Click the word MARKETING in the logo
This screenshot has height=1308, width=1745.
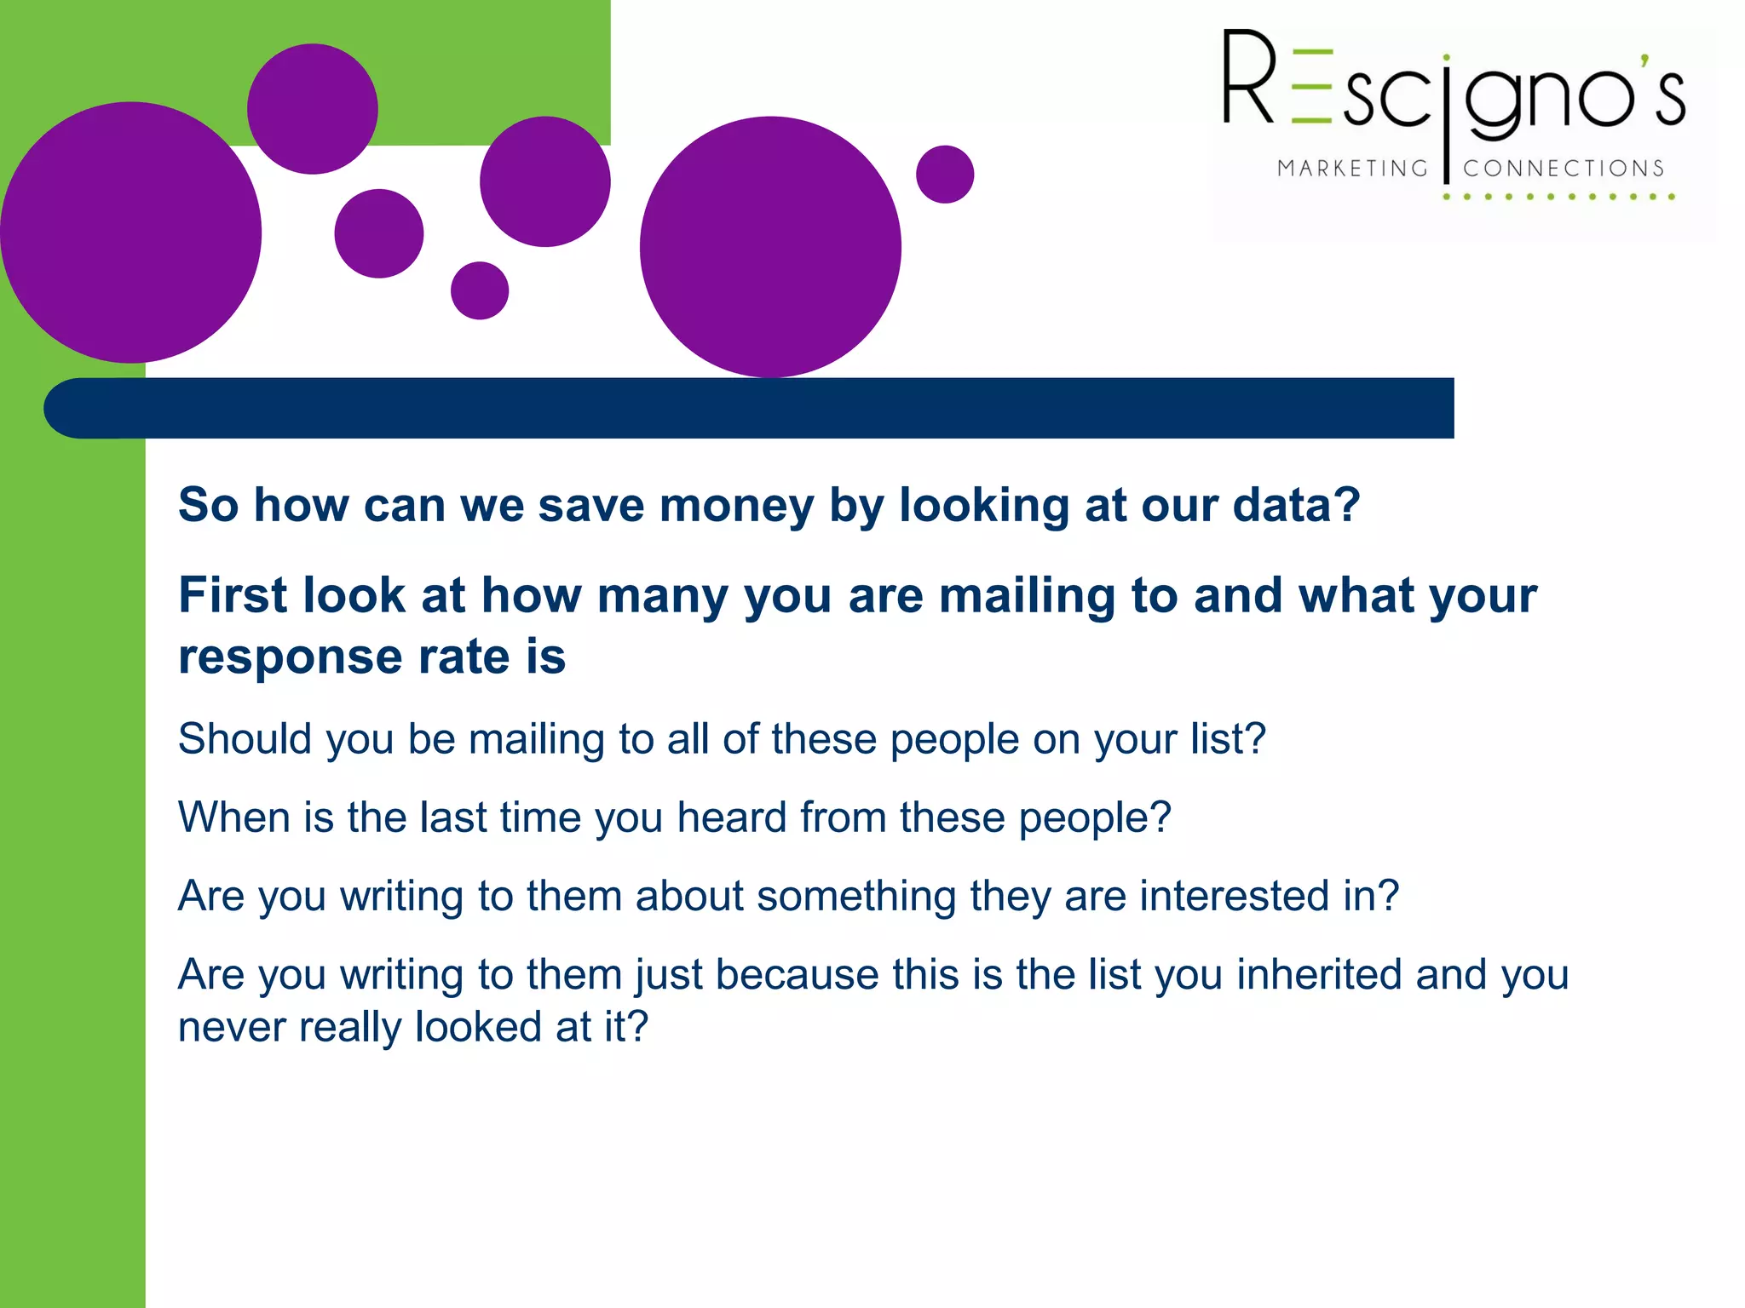pyautogui.click(x=1352, y=169)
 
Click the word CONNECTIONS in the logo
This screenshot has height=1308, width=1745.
pyautogui.click(x=1564, y=169)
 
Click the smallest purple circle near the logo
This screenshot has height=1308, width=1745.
pyautogui.click(x=945, y=175)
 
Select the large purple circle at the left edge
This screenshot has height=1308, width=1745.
pyautogui.click(x=130, y=232)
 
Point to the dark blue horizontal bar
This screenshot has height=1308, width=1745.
pyautogui.click(x=750, y=408)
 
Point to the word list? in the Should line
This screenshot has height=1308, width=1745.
pyautogui.click(x=1228, y=738)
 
